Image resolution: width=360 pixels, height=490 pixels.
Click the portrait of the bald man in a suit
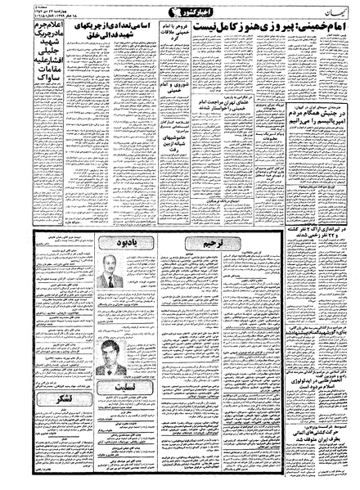click(x=105, y=282)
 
